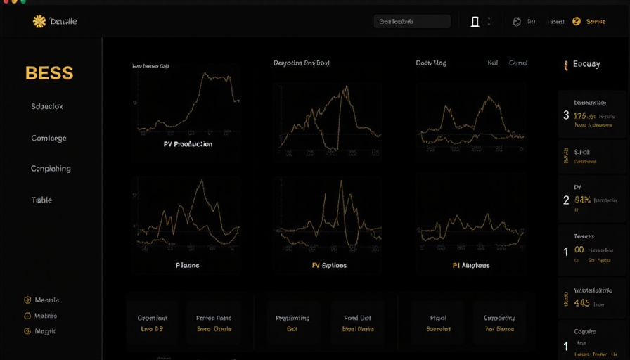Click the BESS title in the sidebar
[x=49, y=73]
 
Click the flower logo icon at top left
[x=39, y=22]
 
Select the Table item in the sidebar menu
[x=41, y=200]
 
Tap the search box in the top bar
[x=412, y=22]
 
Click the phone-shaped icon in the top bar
[x=475, y=22]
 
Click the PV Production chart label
[x=188, y=144]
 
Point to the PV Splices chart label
[x=329, y=266]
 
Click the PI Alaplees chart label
[x=471, y=266]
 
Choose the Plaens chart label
[x=188, y=266]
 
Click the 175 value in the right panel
[x=584, y=116]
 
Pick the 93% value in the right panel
[x=583, y=200]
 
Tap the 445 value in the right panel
[x=581, y=304]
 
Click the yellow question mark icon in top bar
[x=577, y=22]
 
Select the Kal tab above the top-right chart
[x=493, y=63]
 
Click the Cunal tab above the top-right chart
[x=518, y=63]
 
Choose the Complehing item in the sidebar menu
[x=51, y=169]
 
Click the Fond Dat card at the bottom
[x=358, y=323]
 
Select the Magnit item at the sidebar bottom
[x=44, y=331]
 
